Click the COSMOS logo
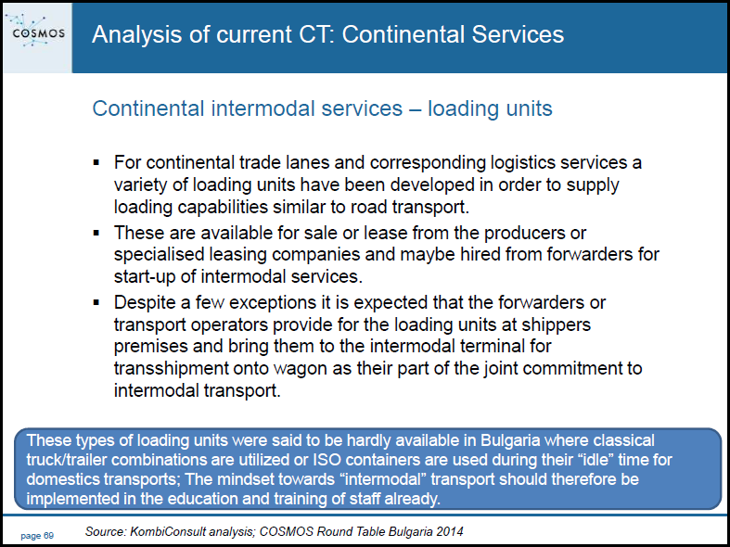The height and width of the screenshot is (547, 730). click(38, 32)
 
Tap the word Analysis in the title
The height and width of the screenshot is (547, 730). click(136, 35)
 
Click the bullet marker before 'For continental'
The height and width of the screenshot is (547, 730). click(96, 162)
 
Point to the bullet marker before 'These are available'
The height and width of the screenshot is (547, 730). click(96, 232)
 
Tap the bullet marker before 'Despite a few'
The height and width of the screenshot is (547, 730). click(96, 302)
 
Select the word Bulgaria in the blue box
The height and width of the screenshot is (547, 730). click(510, 440)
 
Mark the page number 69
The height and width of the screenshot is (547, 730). click(49, 536)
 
